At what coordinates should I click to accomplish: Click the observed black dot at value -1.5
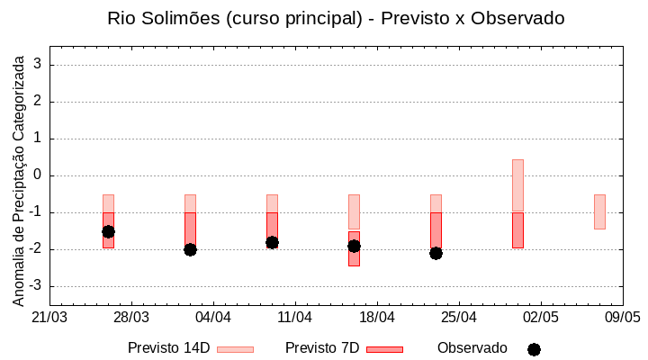pos(108,231)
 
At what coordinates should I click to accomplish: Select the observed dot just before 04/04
pos(190,249)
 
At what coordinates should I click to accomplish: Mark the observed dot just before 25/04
pos(436,253)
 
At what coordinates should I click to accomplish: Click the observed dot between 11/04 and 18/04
pos(354,246)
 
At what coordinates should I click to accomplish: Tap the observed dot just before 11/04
pos(272,242)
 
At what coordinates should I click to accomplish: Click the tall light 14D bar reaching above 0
pos(517,184)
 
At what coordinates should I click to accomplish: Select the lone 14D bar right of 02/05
pos(599,211)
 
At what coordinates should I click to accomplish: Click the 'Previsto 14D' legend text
pos(168,348)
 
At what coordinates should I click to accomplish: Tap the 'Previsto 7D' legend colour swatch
pos(384,348)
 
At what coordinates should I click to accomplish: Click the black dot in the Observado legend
pos(534,349)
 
